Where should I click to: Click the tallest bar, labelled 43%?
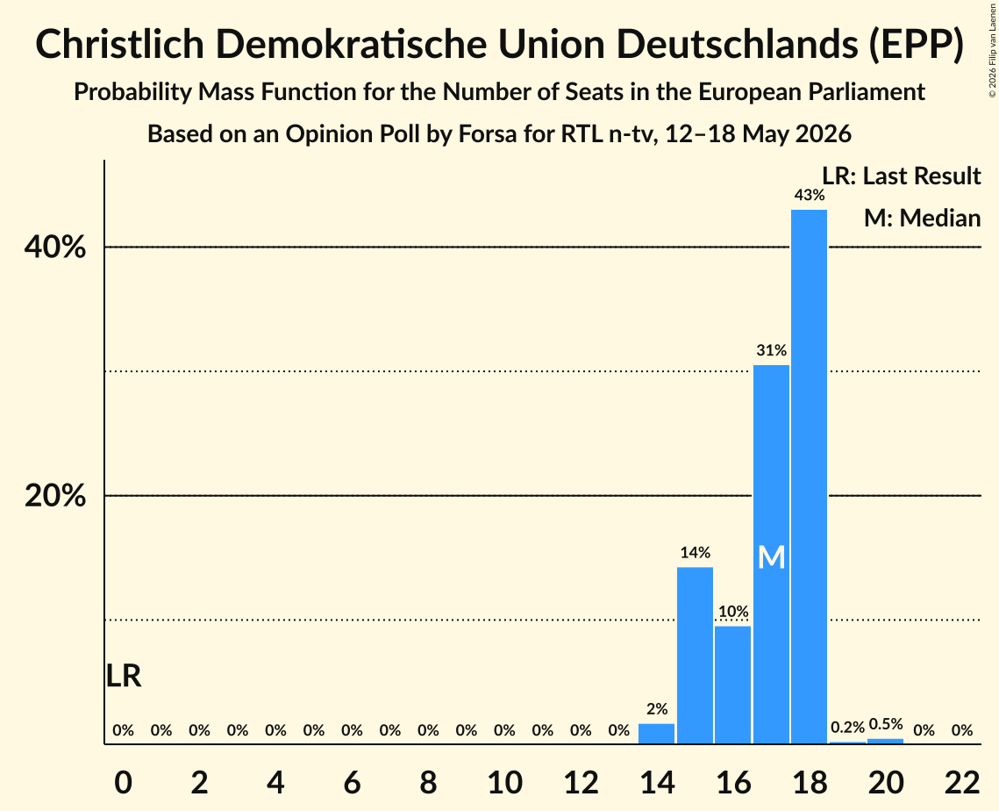810,477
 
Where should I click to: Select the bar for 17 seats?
771,554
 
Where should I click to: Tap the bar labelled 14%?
695,655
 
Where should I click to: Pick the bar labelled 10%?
732,685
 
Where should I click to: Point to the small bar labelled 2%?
656,733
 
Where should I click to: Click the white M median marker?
771,558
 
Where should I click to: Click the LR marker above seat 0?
123,676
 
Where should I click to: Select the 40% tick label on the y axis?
54,248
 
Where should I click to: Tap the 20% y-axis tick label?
54,495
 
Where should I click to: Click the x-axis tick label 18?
810,782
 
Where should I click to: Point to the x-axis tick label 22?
962,782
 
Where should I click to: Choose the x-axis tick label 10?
504,782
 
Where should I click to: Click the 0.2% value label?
847,728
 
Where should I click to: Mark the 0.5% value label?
886,723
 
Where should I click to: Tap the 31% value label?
771,350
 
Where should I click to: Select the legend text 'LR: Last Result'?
901,176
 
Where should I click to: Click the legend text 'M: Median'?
922,218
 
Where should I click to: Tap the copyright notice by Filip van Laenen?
993,50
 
